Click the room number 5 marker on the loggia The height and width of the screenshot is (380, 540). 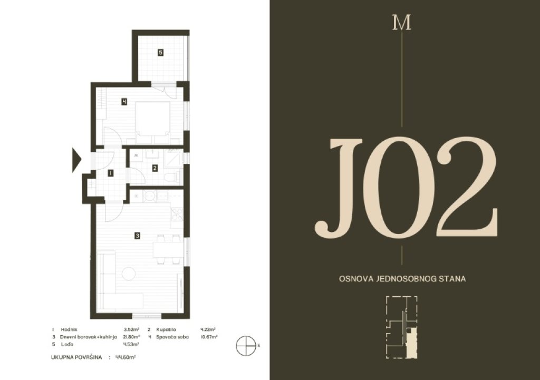pos(160,53)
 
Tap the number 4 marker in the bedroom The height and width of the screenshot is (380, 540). pos(124,102)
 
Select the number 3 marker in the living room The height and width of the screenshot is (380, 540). pos(138,236)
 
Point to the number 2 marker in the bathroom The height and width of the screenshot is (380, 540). pos(155,168)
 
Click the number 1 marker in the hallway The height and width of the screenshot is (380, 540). pos(110,173)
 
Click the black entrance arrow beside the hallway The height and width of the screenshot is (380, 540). pos(76,160)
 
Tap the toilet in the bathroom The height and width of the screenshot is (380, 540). pos(171,178)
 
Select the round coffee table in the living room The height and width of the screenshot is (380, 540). pos(129,274)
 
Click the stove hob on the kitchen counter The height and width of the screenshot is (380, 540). pos(177,214)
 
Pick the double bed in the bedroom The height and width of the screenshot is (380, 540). pos(152,122)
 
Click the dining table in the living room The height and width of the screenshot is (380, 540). pos(166,249)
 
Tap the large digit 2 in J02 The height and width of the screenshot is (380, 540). pos(467,188)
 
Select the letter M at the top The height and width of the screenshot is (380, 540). pos(401,23)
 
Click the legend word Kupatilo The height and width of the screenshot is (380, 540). pos(166,329)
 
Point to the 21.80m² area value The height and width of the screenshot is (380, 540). pos(132,337)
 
